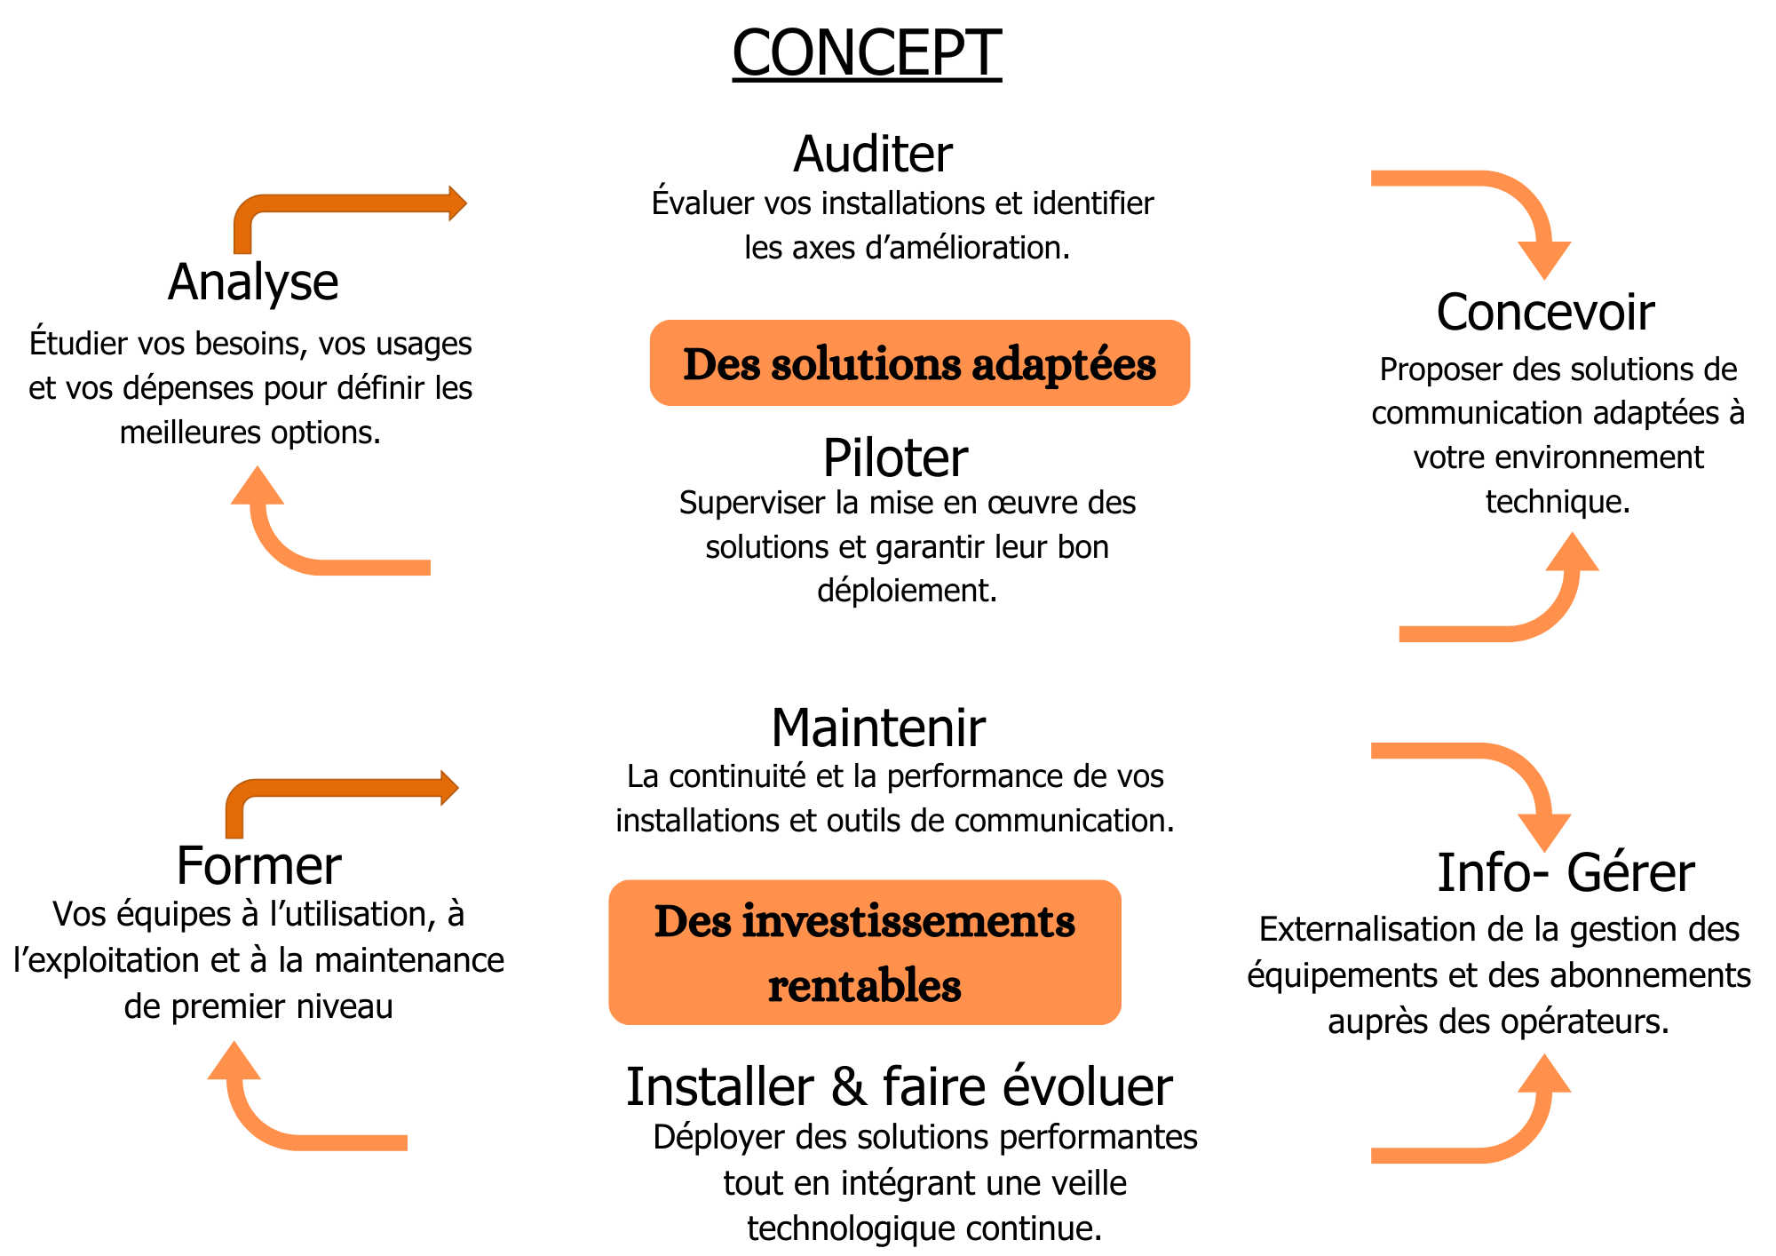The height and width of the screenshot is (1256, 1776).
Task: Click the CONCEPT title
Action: pos(867,53)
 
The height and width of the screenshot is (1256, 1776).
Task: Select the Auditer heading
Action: pos(873,154)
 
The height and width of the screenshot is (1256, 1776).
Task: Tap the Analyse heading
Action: pos(253,282)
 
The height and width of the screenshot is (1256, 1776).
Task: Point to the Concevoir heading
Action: pos(1545,313)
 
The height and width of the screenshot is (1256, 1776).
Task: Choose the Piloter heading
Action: pos(895,458)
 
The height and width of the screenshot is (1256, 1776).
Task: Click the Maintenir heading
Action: pos(878,728)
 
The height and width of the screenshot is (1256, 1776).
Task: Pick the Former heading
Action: pos(258,866)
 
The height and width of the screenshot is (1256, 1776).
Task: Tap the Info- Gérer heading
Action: pos(1566,872)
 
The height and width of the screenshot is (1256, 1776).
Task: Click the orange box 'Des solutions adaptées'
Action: pos(919,363)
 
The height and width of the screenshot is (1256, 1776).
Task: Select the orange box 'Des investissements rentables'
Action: pos(865,952)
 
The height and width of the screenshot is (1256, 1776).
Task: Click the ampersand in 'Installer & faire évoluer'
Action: pos(849,1087)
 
